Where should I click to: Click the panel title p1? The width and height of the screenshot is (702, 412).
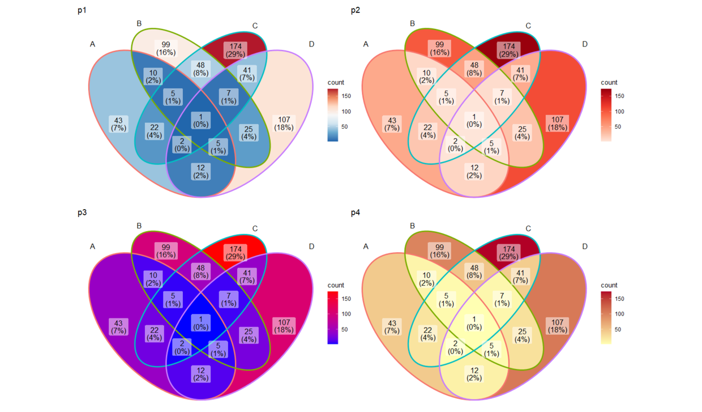(x=83, y=10)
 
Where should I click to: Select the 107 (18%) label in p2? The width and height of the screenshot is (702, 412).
(x=557, y=123)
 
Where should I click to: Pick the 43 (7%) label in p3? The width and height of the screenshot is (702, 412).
(x=118, y=326)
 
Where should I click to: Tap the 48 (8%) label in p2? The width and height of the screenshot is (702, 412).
(x=474, y=69)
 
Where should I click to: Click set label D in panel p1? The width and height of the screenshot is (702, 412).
(x=311, y=44)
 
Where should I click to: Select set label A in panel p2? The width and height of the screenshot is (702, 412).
(x=366, y=44)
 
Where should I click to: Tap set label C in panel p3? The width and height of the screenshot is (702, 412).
(x=255, y=228)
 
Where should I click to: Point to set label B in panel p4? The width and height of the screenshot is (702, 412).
(x=412, y=226)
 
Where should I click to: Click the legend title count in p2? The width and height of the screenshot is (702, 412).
(x=609, y=82)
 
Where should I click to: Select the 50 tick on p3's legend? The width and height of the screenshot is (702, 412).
(x=345, y=329)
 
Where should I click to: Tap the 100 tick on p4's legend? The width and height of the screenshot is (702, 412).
(x=619, y=314)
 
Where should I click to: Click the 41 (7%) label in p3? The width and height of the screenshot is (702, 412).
(x=247, y=276)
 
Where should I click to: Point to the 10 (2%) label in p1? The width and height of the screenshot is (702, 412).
(x=153, y=76)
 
